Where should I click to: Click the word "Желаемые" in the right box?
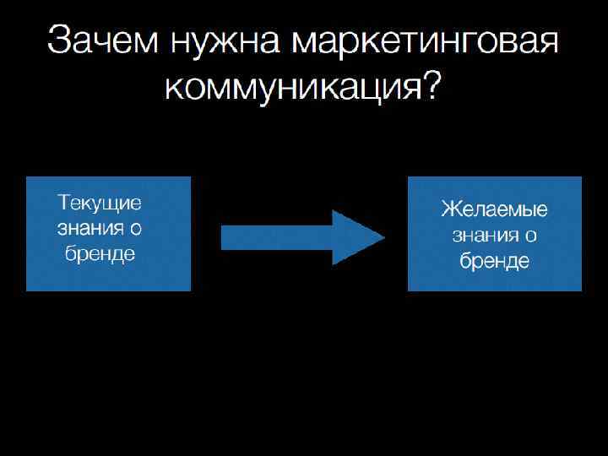click(494, 209)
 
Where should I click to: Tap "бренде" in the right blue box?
click(495, 261)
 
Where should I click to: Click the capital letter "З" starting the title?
click(60, 41)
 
